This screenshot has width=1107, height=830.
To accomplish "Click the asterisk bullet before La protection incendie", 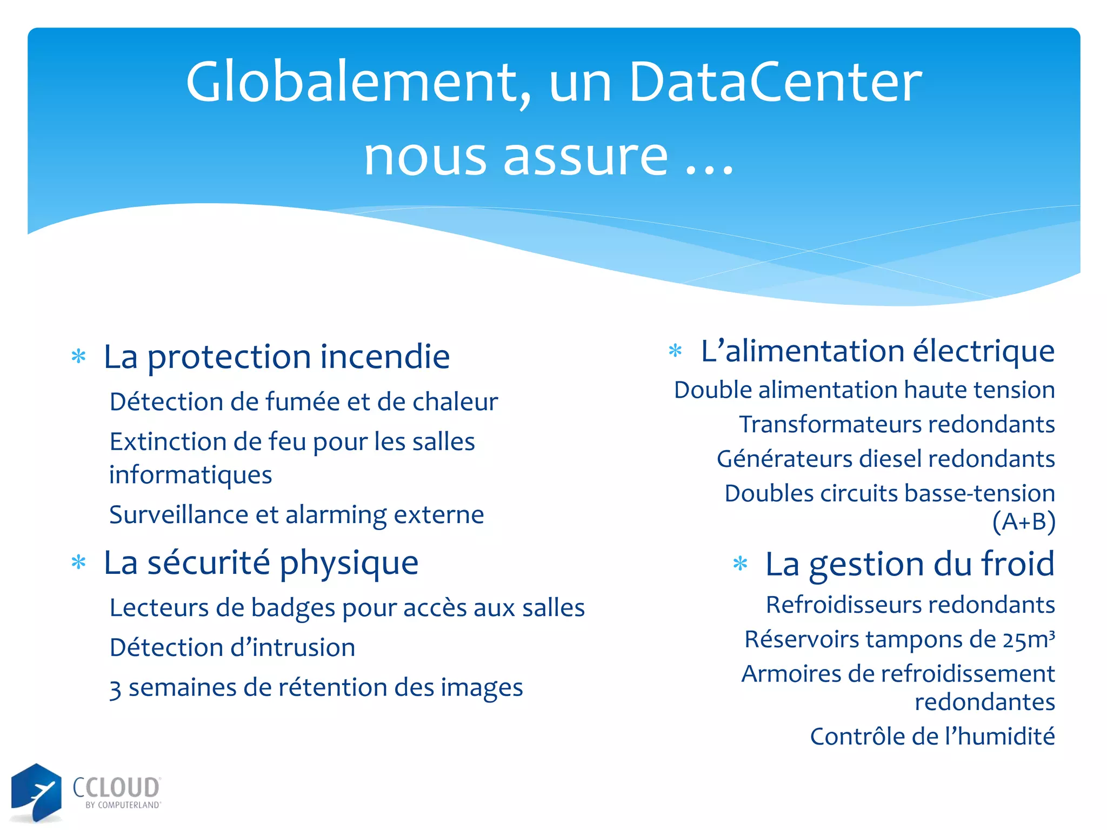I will point(79,357).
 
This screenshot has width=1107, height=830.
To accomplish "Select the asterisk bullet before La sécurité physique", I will point(79,563).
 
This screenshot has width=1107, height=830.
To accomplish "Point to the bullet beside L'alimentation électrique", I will point(675,351).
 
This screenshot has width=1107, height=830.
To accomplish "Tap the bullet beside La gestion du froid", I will point(740,564).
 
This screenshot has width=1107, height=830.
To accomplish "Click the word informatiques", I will point(190,475).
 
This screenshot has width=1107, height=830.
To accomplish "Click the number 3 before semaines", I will point(115,689).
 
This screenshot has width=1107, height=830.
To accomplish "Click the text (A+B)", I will point(1023,522).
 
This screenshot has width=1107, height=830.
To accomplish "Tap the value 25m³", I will point(1029,639).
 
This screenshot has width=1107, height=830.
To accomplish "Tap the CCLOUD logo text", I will point(116,788).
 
